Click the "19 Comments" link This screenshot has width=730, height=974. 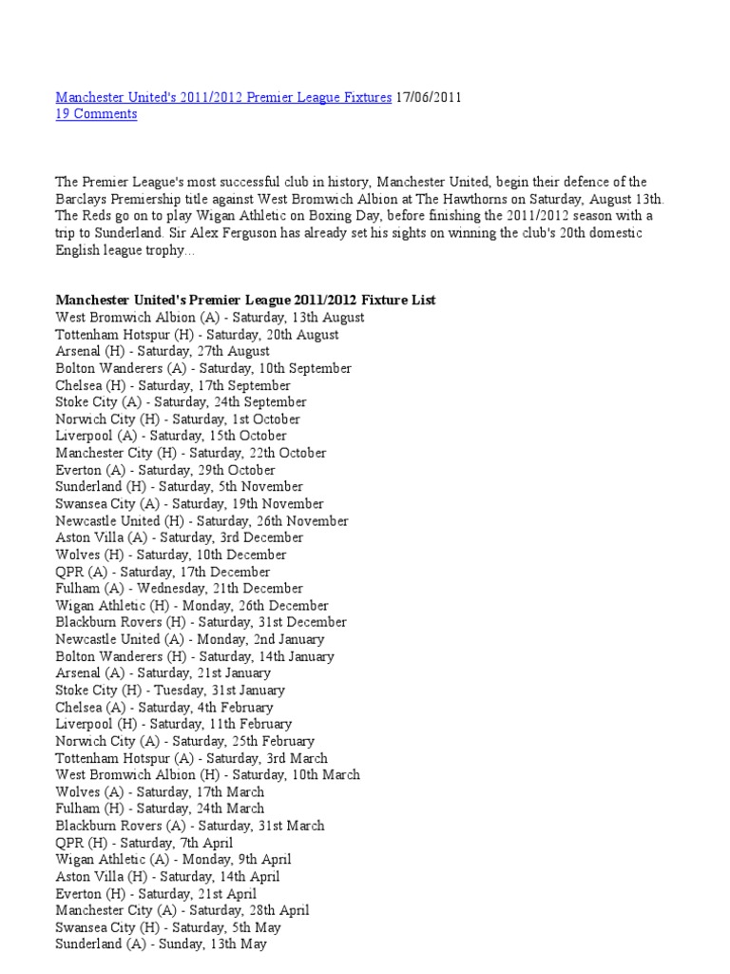tap(96, 114)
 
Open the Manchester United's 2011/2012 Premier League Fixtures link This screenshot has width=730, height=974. tap(223, 97)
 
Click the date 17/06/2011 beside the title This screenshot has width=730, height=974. tap(429, 97)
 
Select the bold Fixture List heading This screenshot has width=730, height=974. tap(245, 301)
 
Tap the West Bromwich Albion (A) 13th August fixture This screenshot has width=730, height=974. tap(209, 318)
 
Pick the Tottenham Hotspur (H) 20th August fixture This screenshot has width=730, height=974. tap(197, 335)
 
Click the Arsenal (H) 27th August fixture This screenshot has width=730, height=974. tap(163, 351)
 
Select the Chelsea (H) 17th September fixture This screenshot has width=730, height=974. tap(173, 385)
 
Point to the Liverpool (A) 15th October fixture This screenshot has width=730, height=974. tap(164, 436)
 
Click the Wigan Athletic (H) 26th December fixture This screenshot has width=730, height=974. tap(192, 605)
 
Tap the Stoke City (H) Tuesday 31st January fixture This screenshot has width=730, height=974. tap(170, 690)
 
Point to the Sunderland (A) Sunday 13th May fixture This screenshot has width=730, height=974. tap(161, 945)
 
